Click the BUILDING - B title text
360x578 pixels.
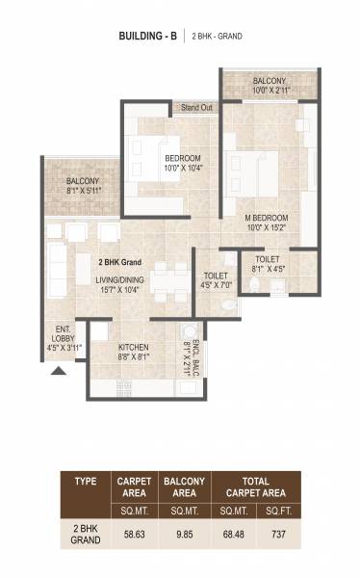[148, 36]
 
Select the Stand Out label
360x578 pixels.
[196, 107]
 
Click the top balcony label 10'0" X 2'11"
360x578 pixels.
[269, 86]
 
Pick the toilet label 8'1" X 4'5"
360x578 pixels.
[266, 265]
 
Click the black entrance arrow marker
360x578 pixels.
[59, 370]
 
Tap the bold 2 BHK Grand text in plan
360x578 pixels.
[119, 262]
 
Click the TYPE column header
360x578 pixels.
[84, 482]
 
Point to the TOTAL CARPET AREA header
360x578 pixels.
[253, 484]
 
